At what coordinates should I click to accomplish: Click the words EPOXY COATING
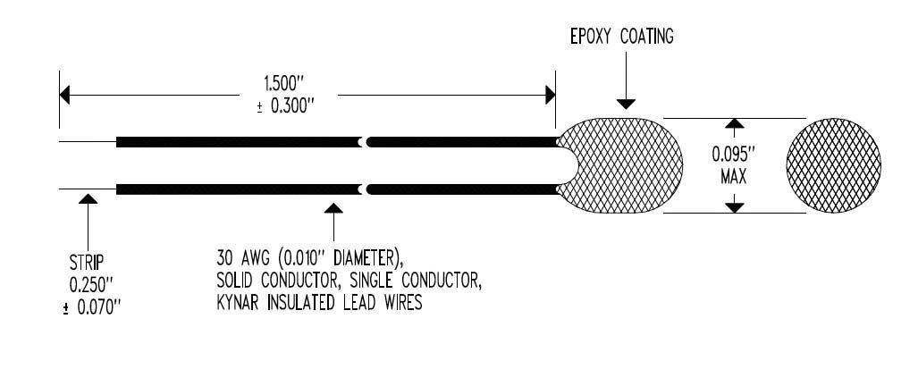(x=622, y=37)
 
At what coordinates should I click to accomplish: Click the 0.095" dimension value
(x=734, y=155)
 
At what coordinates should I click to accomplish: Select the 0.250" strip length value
(x=91, y=285)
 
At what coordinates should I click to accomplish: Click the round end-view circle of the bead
(x=833, y=165)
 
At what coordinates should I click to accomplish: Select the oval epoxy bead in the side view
(x=619, y=165)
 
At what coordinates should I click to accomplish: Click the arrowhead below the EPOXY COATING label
(x=626, y=105)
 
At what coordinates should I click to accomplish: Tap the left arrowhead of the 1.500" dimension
(x=64, y=95)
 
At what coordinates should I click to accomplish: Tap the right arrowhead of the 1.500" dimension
(x=551, y=95)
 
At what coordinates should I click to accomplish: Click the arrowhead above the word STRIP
(x=88, y=199)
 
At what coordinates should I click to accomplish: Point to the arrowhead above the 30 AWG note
(x=333, y=208)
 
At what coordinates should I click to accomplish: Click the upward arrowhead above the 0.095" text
(x=734, y=123)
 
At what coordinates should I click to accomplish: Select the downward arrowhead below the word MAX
(x=734, y=207)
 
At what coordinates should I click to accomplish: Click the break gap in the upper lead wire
(x=365, y=141)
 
